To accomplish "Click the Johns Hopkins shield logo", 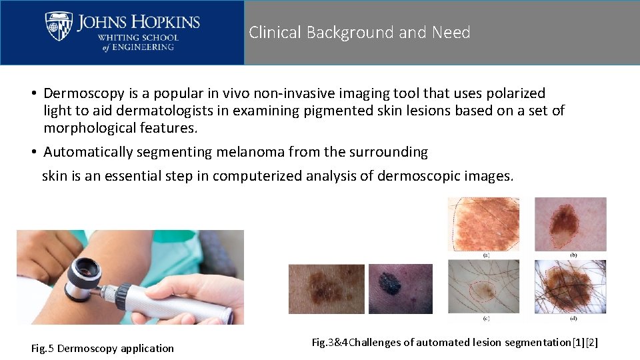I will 59,27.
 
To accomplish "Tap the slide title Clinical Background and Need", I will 359,32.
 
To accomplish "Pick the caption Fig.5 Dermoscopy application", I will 103,348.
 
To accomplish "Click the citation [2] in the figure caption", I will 591,342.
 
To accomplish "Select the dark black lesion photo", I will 400,289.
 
